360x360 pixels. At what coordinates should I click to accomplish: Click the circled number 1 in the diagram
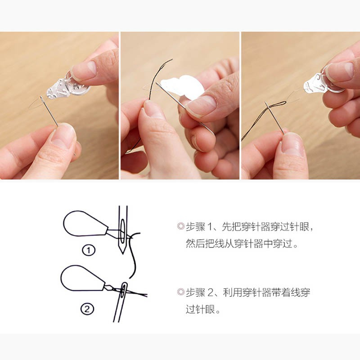[89, 250]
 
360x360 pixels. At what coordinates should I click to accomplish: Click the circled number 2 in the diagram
[87, 309]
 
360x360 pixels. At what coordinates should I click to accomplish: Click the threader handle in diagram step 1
[85, 224]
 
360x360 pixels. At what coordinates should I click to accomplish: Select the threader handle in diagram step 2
[83, 278]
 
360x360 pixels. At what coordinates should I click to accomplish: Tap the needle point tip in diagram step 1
[123, 254]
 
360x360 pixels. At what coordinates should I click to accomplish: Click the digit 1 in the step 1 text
[210, 227]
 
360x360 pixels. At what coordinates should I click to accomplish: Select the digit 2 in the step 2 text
[211, 292]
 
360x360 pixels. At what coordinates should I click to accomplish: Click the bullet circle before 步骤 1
[181, 226]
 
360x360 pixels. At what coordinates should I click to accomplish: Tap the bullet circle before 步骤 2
[181, 292]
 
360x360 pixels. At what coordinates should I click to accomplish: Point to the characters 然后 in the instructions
[195, 243]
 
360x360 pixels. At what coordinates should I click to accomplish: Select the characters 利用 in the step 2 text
[232, 292]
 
